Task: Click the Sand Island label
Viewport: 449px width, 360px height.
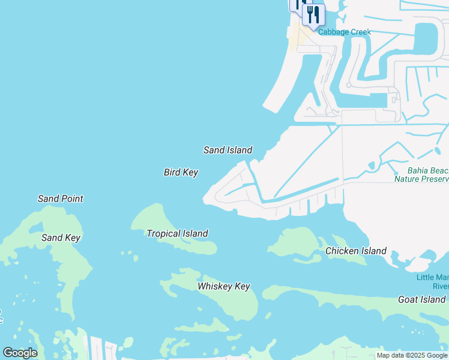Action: (x=228, y=150)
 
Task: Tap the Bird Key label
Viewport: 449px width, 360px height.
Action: (x=181, y=172)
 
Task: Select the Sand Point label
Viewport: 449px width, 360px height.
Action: (x=60, y=199)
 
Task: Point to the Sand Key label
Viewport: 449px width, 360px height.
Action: (x=61, y=238)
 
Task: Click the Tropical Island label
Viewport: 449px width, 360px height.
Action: (x=177, y=233)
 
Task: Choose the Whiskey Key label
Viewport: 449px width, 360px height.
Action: (x=223, y=287)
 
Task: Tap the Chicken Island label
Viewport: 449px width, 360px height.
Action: (x=355, y=251)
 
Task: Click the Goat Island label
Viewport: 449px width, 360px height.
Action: (x=421, y=299)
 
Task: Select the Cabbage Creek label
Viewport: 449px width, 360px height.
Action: (x=345, y=32)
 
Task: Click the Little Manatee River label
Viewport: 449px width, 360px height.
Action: (x=433, y=281)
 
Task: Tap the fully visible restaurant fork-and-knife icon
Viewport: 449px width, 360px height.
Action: (x=313, y=14)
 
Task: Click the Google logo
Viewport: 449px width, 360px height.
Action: (x=20, y=353)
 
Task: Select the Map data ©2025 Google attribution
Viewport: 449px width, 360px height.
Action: (x=412, y=356)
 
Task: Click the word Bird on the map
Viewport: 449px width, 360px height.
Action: (x=172, y=172)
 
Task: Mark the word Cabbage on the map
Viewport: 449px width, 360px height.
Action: (x=334, y=32)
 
